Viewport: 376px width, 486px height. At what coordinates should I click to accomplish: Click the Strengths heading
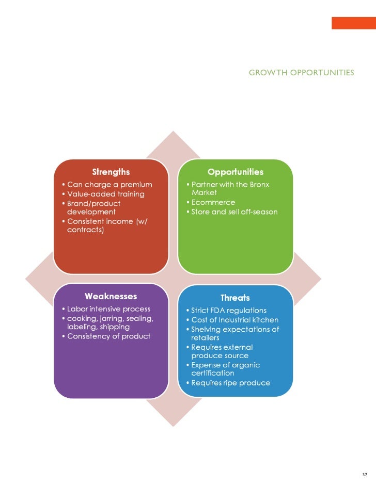pyautogui.click(x=111, y=172)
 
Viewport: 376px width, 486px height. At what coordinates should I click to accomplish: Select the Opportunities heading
pyautogui.click(x=236, y=172)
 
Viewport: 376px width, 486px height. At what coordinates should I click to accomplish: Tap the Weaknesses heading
pyautogui.click(x=111, y=296)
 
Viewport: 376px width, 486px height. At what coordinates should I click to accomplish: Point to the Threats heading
pyautogui.click(x=235, y=298)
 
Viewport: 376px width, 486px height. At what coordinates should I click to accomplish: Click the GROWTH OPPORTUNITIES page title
pyautogui.click(x=301, y=72)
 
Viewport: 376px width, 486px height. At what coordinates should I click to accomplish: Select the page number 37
pyautogui.click(x=365, y=475)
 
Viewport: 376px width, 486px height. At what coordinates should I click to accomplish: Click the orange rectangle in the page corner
pyautogui.click(x=353, y=23)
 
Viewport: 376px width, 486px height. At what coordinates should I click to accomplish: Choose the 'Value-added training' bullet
pyautogui.click(x=106, y=194)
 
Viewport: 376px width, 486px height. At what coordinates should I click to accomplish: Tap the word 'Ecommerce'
pyautogui.click(x=213, y=203)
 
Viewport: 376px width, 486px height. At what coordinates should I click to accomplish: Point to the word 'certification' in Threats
pyautogui.click(x=213, y=373)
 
